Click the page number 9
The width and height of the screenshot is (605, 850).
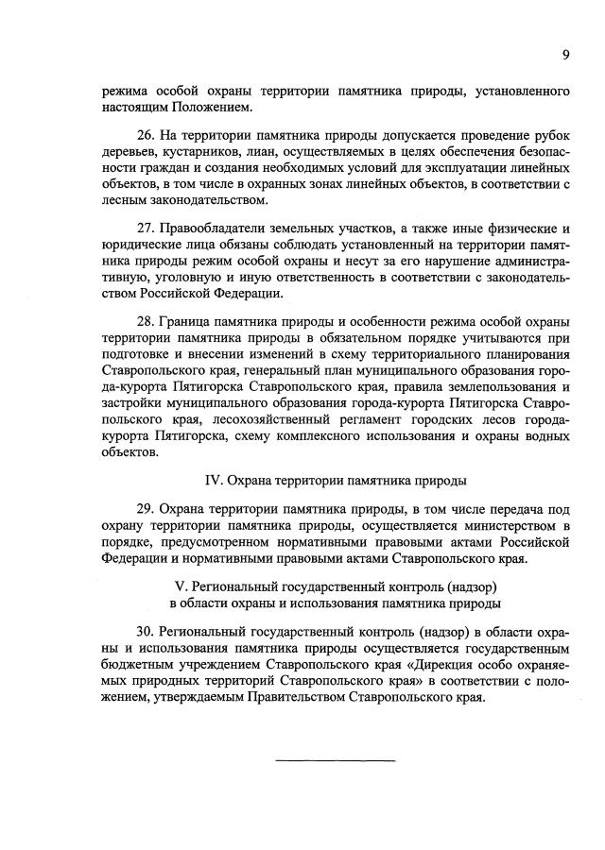[565, 55]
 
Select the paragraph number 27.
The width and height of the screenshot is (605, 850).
[146, 229]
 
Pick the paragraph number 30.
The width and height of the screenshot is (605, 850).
[146, 631]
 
